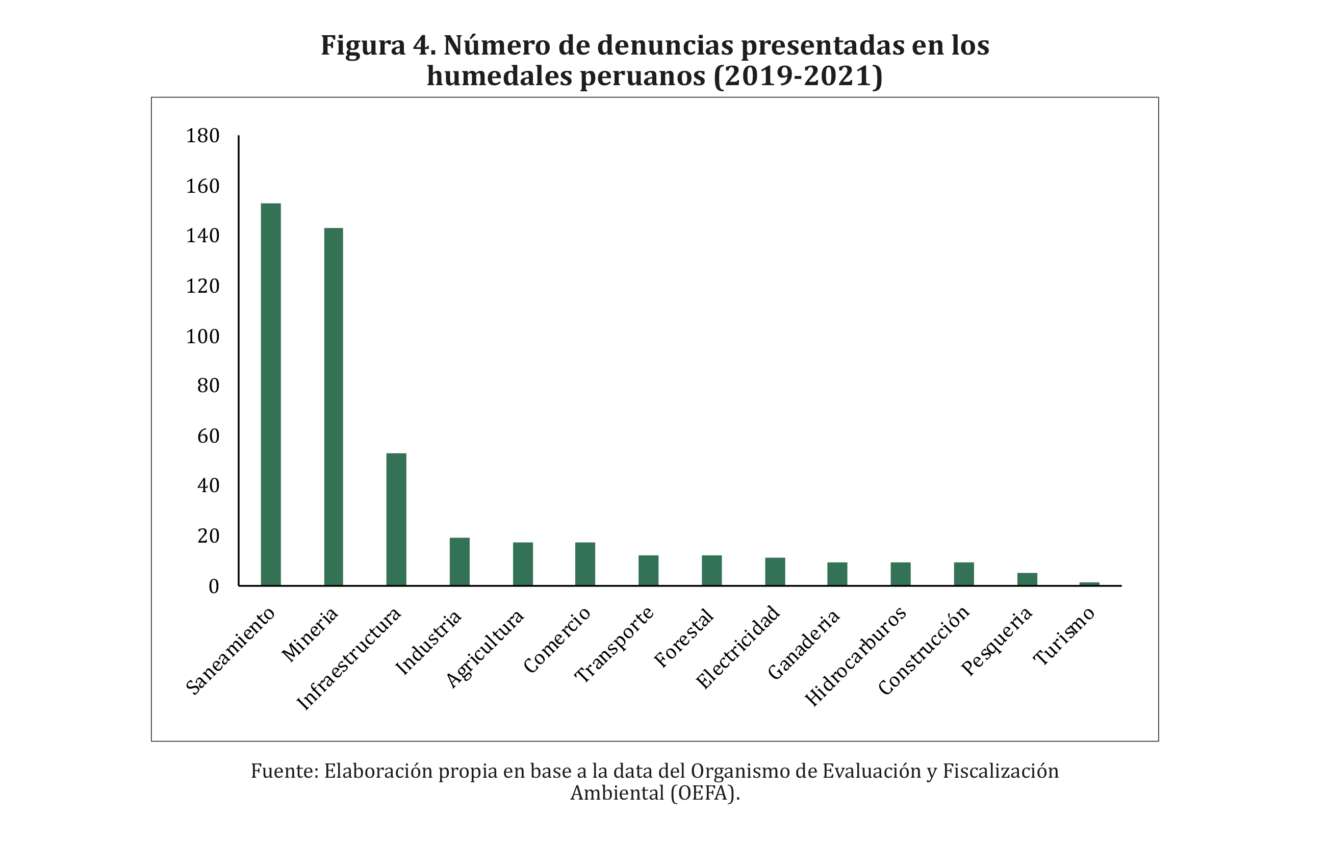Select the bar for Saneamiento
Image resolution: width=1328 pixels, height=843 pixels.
click(270, 394)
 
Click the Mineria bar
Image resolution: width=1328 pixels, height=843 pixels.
click(333, 406)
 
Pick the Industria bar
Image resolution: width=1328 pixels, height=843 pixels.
click(459, 561)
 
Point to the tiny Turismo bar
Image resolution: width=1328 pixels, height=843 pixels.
click(1089, 584)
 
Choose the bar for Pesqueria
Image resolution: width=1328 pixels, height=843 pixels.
click(1027, 579)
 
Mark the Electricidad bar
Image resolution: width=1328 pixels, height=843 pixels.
click(775, 571)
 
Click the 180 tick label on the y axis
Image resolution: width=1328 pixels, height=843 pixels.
click(202, 136)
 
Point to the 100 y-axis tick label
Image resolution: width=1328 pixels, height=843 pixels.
click(202, 336)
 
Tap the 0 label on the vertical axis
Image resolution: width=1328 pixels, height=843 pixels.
click(213, 586)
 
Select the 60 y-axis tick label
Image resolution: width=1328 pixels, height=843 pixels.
click(208, 436)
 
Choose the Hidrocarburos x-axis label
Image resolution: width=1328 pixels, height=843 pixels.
click(855, 656)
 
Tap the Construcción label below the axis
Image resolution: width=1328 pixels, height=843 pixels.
click(924, 651)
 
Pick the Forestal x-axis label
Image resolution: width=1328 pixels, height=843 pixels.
click(684, 638)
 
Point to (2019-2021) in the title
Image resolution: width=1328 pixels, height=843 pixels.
click(798, 76)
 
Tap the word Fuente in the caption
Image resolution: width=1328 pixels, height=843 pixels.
click(282, 771)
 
